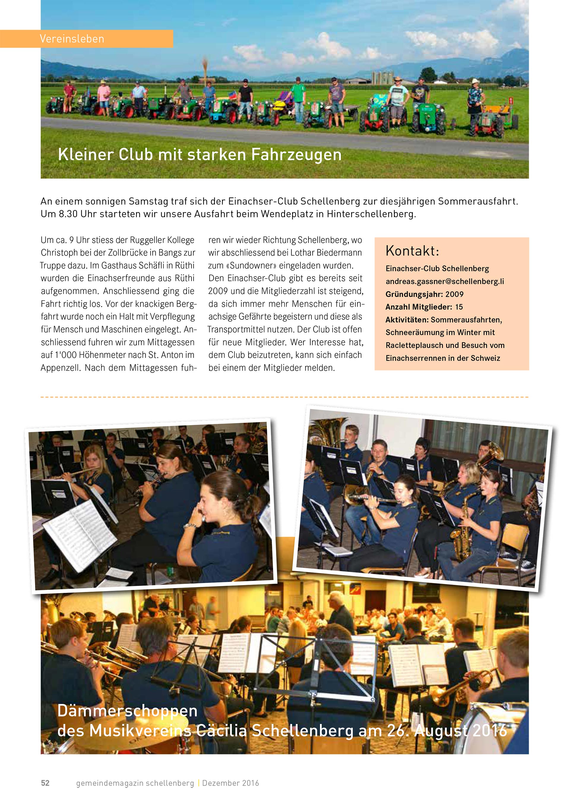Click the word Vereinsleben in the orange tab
click(x=72, y=39)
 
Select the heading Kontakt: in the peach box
click(x=412, y=251)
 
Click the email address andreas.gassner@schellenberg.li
click(x=445, y=281)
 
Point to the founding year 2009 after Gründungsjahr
click(x=454, y=294)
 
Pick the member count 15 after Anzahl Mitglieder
click(x=459, y=307)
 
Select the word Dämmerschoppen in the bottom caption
click(x=127, y=711)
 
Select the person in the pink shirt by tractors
click(x=104, y=95)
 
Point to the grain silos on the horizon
click(x=380, y=77)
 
